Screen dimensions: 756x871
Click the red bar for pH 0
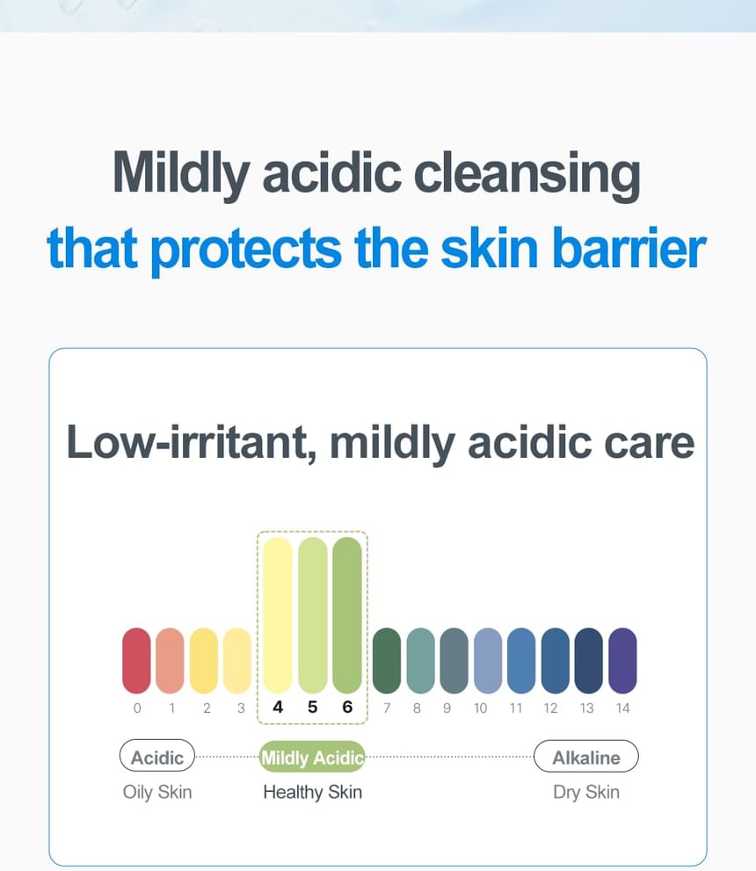tap(136, 660)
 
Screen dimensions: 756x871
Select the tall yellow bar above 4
tap(278, 615)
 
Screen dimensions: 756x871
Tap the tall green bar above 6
tap(347, 615)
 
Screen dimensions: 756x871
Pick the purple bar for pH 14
tap(622, 660)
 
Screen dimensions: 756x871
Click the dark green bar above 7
tap(387, 660)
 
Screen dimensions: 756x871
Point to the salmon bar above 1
tap(170, 660)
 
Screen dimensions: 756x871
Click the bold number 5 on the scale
tap(312, 708)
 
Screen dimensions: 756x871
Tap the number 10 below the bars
tap(481, 708)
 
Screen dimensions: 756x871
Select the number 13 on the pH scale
tap(586, 708)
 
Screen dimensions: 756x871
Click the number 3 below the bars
tap(241, 708)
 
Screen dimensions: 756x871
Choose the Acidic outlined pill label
tap(157, 756)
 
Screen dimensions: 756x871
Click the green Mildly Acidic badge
tap(312, 757)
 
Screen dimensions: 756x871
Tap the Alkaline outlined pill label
tap(586, 757)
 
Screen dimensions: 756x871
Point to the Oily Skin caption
tap(157, 792)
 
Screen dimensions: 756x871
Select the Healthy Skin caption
tap(312, 792)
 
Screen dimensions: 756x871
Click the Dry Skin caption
tap(586, 792)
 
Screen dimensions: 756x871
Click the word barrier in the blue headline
tap(629, 248)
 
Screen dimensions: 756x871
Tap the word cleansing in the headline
tap(527, 174)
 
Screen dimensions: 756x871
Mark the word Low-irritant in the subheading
tap(187, 443)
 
